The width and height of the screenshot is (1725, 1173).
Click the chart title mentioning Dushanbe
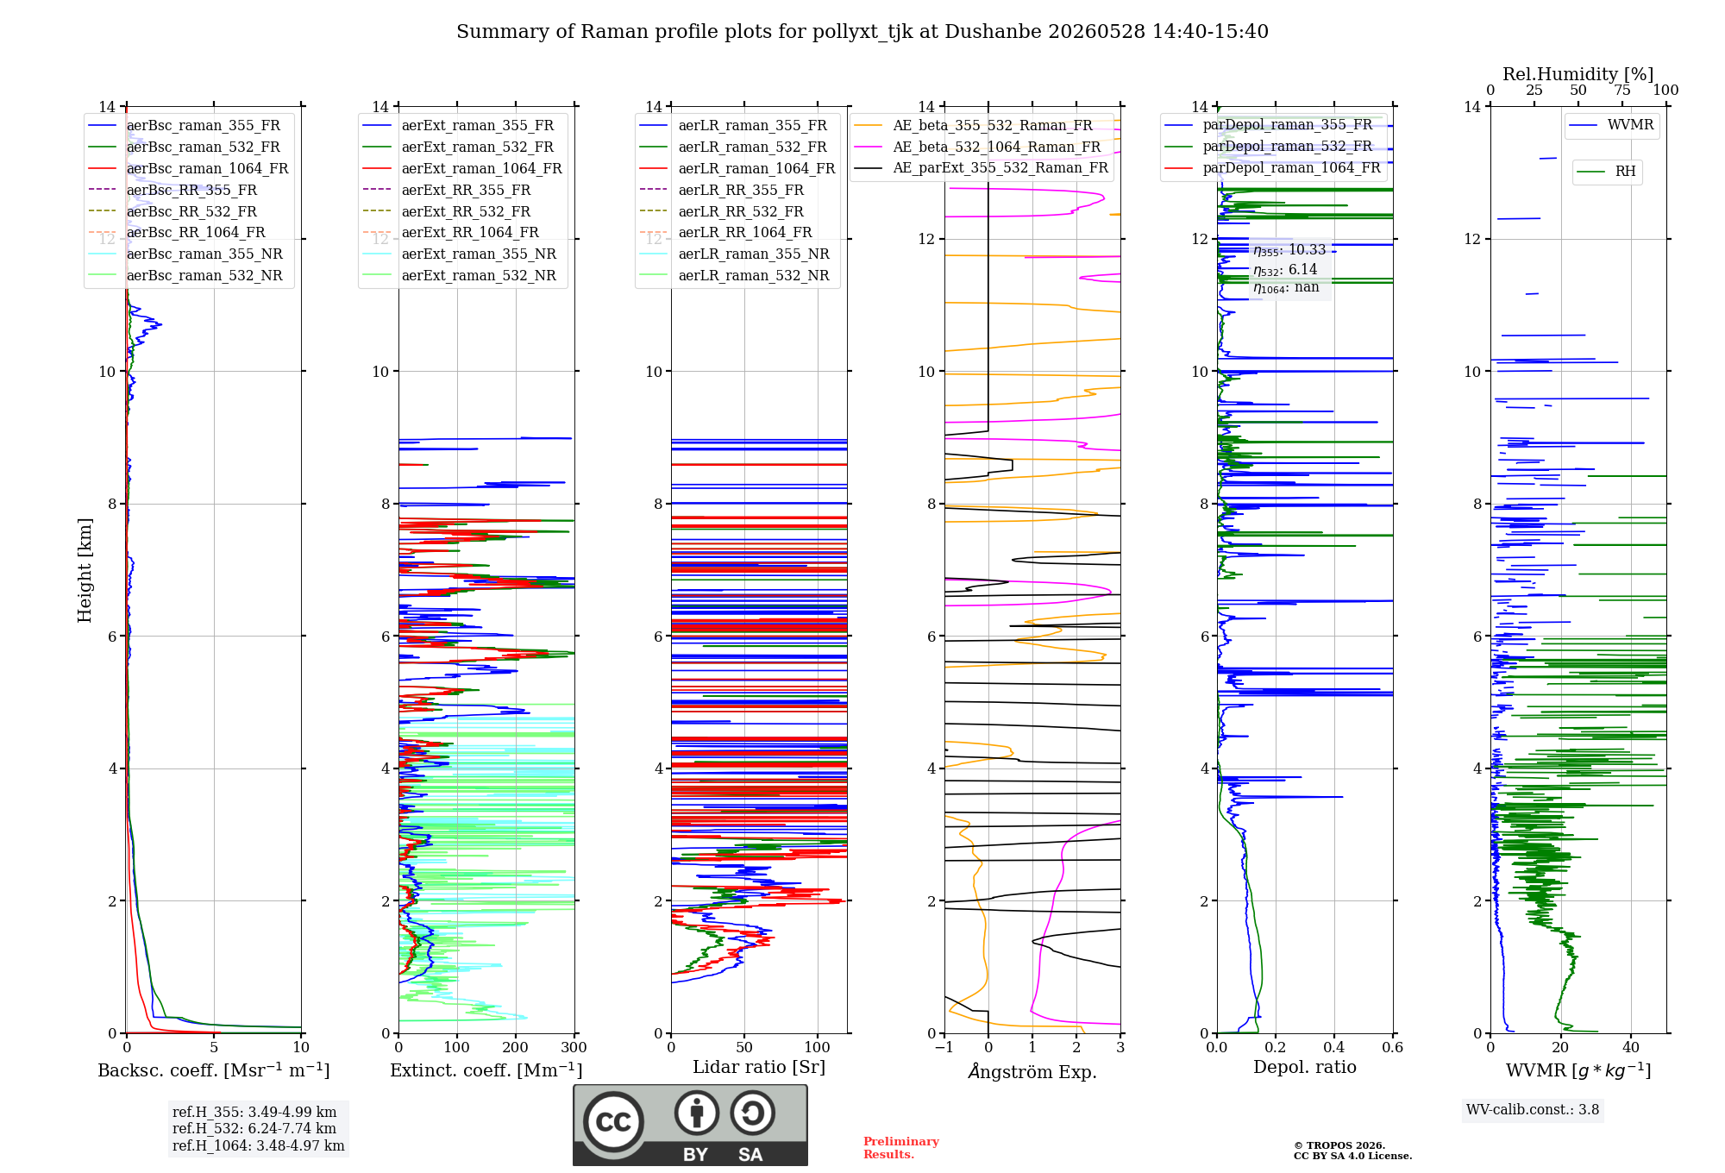point(862,32)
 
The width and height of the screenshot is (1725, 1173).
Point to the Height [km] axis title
point(85,570)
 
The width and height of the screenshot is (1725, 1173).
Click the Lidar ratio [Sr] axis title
point(759,1067)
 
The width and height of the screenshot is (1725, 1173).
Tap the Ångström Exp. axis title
point(1032,1071)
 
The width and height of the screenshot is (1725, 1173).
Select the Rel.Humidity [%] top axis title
point(1578,74)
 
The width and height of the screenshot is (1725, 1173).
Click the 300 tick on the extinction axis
point(574,1047)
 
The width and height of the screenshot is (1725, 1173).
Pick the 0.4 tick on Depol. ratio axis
point(1334,1047)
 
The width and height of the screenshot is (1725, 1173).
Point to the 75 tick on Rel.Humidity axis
point(1622,90)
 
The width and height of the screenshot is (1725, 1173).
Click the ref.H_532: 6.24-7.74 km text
point(254,1128)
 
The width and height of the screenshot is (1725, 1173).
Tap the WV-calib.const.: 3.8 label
point(1533,1109)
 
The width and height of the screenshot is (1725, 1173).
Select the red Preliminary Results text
point(901,1148)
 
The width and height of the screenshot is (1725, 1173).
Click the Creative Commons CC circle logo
point(613,1122)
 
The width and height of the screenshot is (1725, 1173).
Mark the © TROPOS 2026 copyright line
point(1339,1145)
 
